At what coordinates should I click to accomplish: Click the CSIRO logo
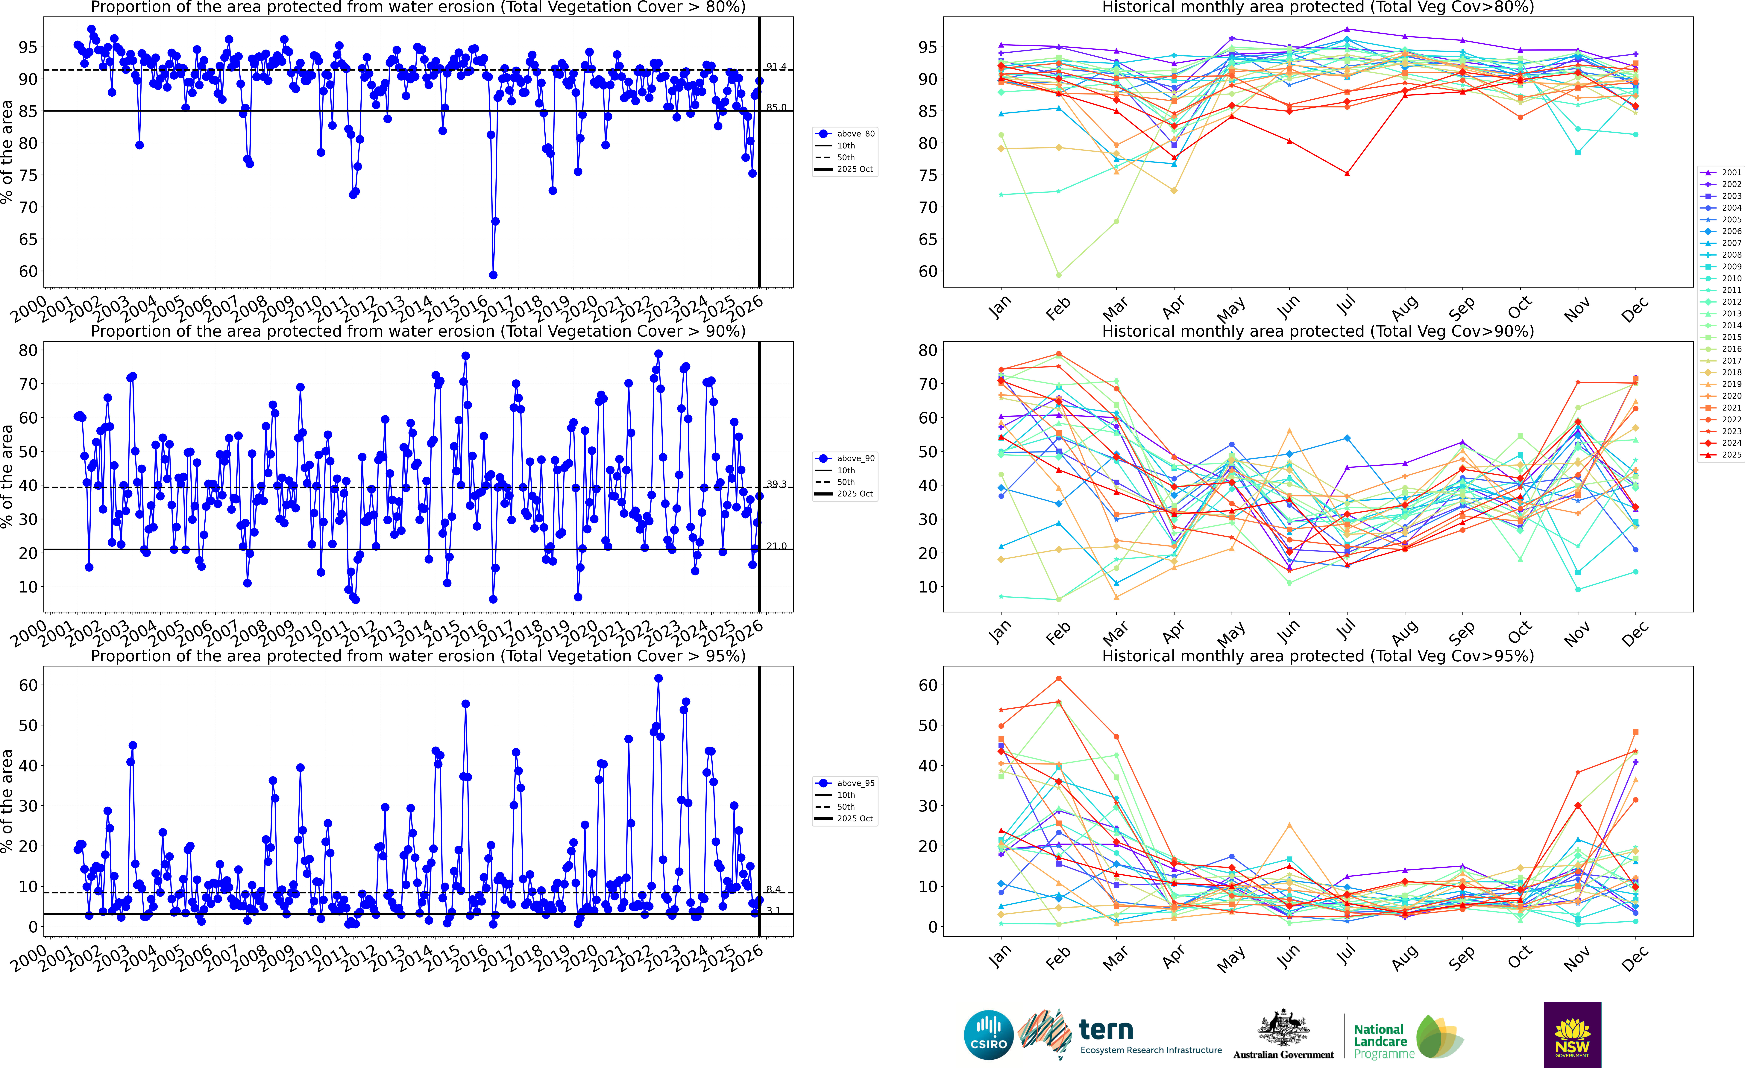989,1035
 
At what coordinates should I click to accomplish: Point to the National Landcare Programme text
1380,1041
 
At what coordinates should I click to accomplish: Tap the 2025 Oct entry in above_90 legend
855,494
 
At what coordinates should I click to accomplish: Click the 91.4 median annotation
776,67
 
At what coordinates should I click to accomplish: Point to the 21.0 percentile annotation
776,546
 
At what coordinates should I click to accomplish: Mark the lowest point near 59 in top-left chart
493,275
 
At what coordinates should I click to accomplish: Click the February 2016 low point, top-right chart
1059,275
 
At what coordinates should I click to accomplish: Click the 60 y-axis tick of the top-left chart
28,271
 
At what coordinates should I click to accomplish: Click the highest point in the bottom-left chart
659,678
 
